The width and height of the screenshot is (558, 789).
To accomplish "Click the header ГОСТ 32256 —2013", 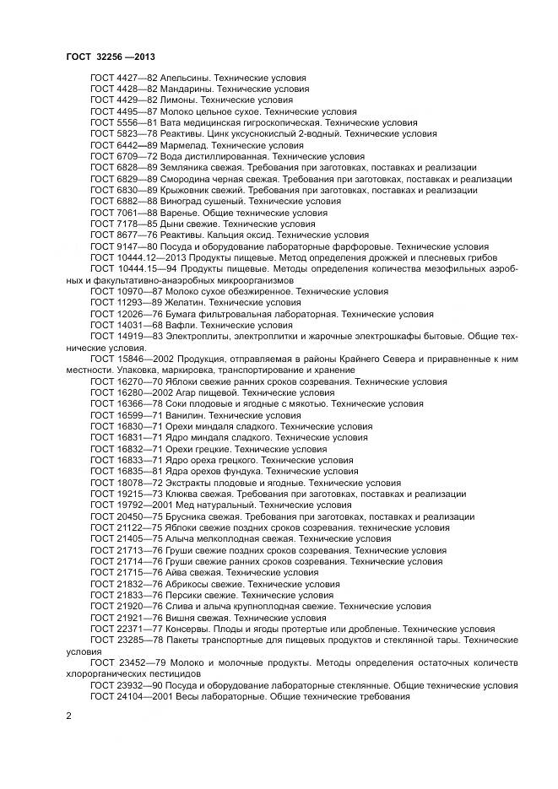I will pyautogui.click(x=110, y=57).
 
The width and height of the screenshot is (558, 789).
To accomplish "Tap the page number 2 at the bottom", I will pyautogui.click(x=68, y=716).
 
